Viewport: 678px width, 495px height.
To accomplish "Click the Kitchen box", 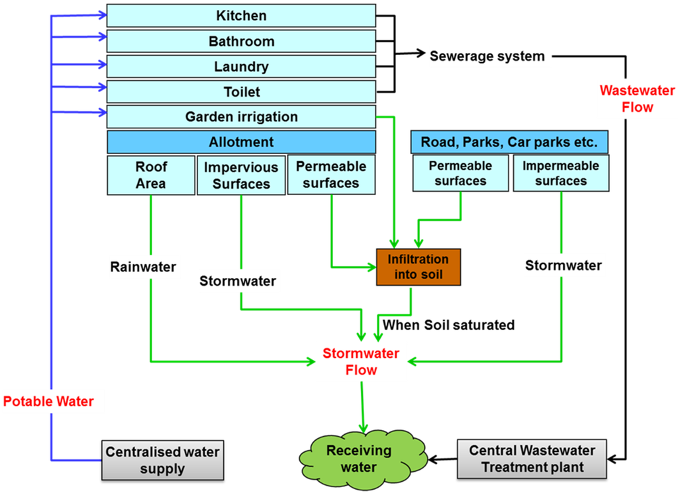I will (241, 15).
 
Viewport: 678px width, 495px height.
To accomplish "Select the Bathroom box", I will (241, 41).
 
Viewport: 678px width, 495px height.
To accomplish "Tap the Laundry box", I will (241, 67).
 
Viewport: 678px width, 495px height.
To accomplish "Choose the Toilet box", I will (241, 92).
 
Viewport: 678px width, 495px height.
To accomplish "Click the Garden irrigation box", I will (241, 117).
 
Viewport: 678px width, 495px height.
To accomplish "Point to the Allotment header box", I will (241, 142).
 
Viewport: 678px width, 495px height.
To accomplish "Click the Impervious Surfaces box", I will (241, 175).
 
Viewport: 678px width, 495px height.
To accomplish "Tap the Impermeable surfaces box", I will (560, 173).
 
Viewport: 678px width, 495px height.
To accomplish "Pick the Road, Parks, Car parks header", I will (509, 142).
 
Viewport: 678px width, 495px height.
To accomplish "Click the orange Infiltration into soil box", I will (418, 267).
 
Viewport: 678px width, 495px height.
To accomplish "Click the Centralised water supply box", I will (162, 460).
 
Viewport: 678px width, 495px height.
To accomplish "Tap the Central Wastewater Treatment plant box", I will (532, 459).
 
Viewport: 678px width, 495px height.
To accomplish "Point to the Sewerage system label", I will (487, 56).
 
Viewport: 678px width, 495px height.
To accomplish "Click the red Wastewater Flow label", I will (626, 99).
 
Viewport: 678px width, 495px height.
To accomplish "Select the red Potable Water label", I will (48, 401).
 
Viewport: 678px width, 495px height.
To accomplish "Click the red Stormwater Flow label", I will (361, 362).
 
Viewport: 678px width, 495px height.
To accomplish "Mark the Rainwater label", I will (143, 267).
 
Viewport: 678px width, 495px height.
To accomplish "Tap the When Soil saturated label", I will (448, 325).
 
